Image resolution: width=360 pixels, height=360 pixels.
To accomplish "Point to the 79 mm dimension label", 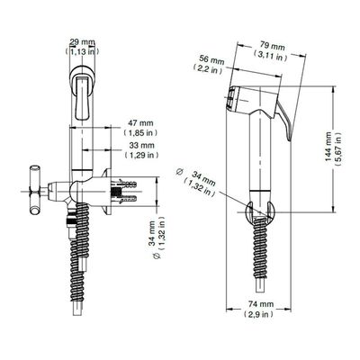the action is point(272,47).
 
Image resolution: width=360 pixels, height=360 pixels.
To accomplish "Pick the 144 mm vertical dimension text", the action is point(328,147).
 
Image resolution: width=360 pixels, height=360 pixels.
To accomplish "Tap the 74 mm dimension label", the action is point(261,304).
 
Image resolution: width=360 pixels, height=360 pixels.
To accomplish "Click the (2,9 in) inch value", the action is point(258,314).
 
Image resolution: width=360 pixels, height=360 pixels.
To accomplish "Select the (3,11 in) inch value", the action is point(270,56).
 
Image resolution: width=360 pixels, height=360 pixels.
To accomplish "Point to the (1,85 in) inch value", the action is point(140,132).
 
